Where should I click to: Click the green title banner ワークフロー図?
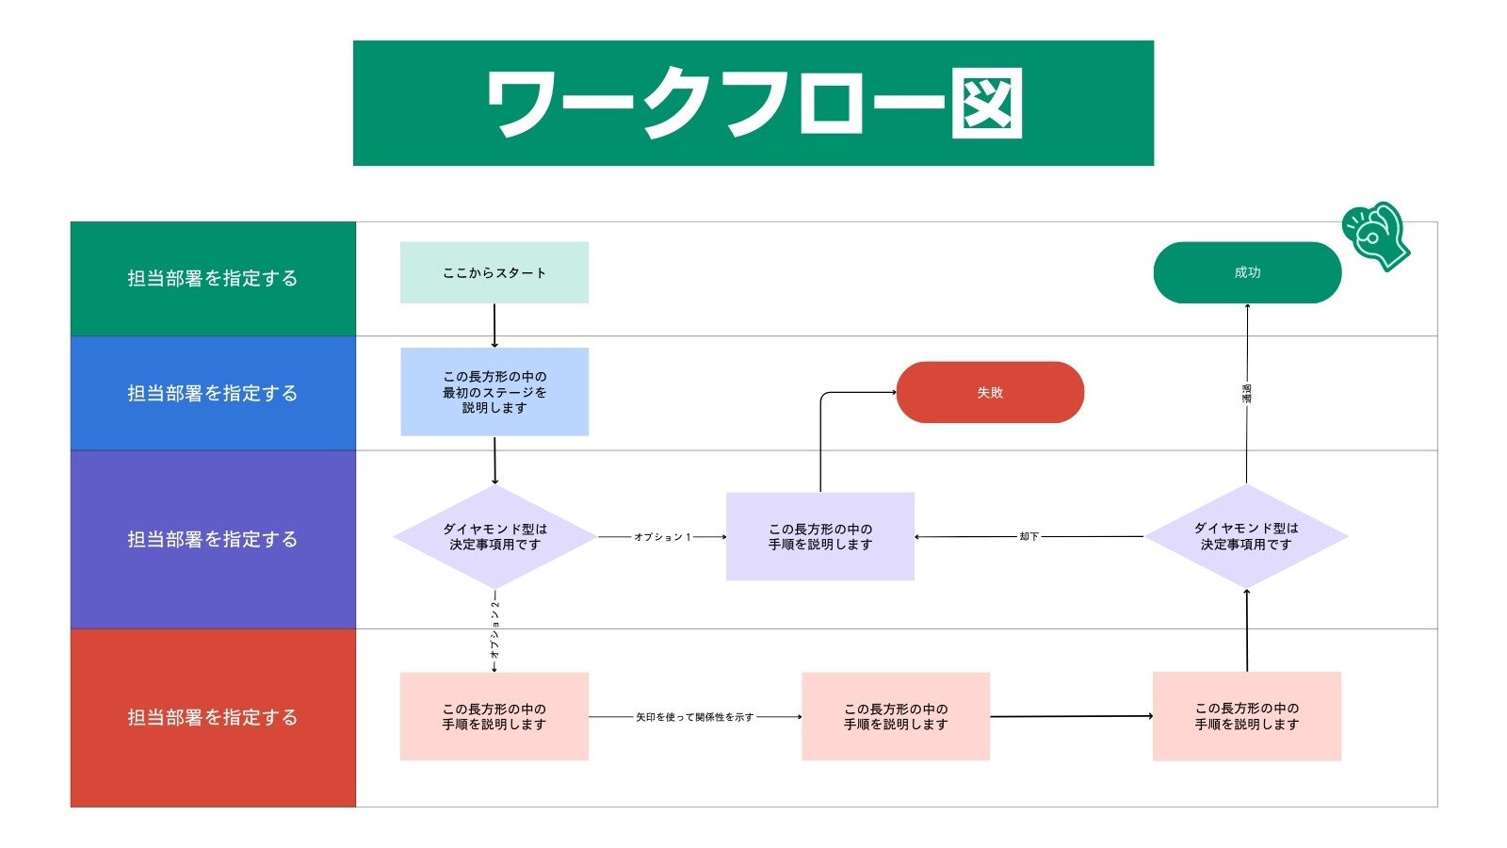coord(753,103)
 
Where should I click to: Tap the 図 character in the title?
coord(985,104)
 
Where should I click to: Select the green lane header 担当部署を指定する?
coord(213,279)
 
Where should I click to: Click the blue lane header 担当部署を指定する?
coord(213,393)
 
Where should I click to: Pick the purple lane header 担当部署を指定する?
coord(213,539)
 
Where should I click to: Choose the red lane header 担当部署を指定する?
coord(213,717)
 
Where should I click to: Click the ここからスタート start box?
coord(494,272)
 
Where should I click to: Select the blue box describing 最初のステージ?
coord(494,392)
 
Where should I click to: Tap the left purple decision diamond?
coord(494,537)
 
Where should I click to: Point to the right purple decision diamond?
coord(1245,537)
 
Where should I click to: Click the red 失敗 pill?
coord(989,392)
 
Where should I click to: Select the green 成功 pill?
coord(1246,272)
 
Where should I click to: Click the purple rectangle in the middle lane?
coord(819,536)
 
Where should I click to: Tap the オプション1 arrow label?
coord(662,537)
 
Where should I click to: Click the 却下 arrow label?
coord(1029,536)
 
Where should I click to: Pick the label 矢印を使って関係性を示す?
coord(694,717)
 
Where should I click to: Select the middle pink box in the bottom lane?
coord(895,716)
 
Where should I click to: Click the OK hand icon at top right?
coord(1376,236)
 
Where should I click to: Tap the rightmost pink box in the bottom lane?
coord(1246,716)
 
